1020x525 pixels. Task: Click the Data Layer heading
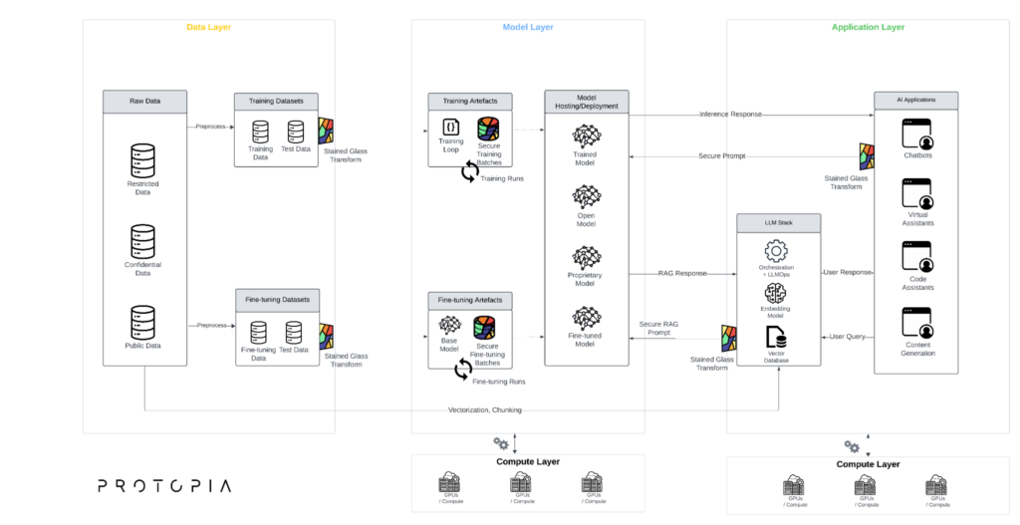208,27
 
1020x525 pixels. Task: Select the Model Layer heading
528,27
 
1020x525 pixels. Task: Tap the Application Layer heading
868,27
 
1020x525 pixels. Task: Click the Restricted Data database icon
143,160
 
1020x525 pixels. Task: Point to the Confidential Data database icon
143,241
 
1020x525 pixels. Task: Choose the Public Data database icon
143,322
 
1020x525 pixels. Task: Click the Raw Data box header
144,100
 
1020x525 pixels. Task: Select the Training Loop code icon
450,128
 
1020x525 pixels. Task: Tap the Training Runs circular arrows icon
469,172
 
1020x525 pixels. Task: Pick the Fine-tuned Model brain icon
585,318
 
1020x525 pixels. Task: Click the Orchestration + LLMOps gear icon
776,251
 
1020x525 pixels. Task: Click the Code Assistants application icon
915,258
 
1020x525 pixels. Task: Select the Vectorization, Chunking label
485,409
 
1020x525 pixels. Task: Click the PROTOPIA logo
164,486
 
